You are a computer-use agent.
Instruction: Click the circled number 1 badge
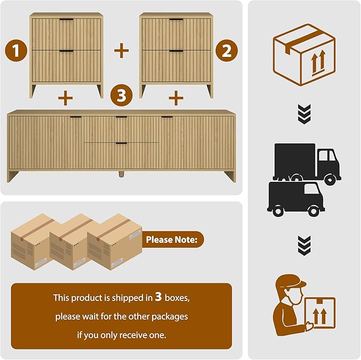click(x=16, y=51)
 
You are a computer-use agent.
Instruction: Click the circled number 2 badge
click(x=226, y=51)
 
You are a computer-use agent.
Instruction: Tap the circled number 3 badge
click(x=122, y=95)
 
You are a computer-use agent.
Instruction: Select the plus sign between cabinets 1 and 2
click(x=122, y=51)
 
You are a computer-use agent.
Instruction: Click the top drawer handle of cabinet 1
click(x=66, y=20)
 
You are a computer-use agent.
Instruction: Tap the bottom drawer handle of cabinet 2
click(x=177, y=51)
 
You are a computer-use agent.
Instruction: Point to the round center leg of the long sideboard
click(x=121, y=174)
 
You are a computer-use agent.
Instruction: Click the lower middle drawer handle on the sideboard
click(x=121, y=144)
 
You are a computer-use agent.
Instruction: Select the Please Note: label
click(x=172, y=239)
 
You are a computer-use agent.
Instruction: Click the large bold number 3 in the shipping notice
click(x=158, y=297)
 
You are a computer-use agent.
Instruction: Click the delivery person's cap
click(x=291, y=281)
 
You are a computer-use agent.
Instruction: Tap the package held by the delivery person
click(x=320, y=313)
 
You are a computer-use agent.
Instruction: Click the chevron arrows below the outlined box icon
click(x=304, y=114)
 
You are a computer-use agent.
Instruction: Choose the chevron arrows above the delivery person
click(x=304, y=246)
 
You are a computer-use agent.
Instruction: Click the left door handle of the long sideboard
click(x=75, y=117)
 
